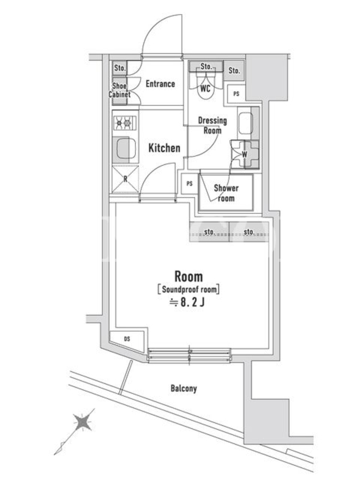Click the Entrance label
coord(160,83)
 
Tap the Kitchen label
coord(164,148)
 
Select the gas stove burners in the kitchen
coord(125,123)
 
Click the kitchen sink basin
coord(125,149)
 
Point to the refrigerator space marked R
coord(125,179)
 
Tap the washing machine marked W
coord(245,154)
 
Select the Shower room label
coord(226,193)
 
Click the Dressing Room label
coord(212,125)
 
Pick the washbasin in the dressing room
coord(246,124)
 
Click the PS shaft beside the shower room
coord(190,184)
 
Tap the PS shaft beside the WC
coord(236,94)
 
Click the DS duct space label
coord(127,339)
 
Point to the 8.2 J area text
coord(187,302)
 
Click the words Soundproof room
coord(189,289)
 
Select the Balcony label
coord(184,388)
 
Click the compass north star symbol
coord(83,422)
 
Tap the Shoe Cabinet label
coord(119,90)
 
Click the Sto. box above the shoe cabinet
coord(119,68)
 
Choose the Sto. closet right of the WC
coord(234,70)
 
